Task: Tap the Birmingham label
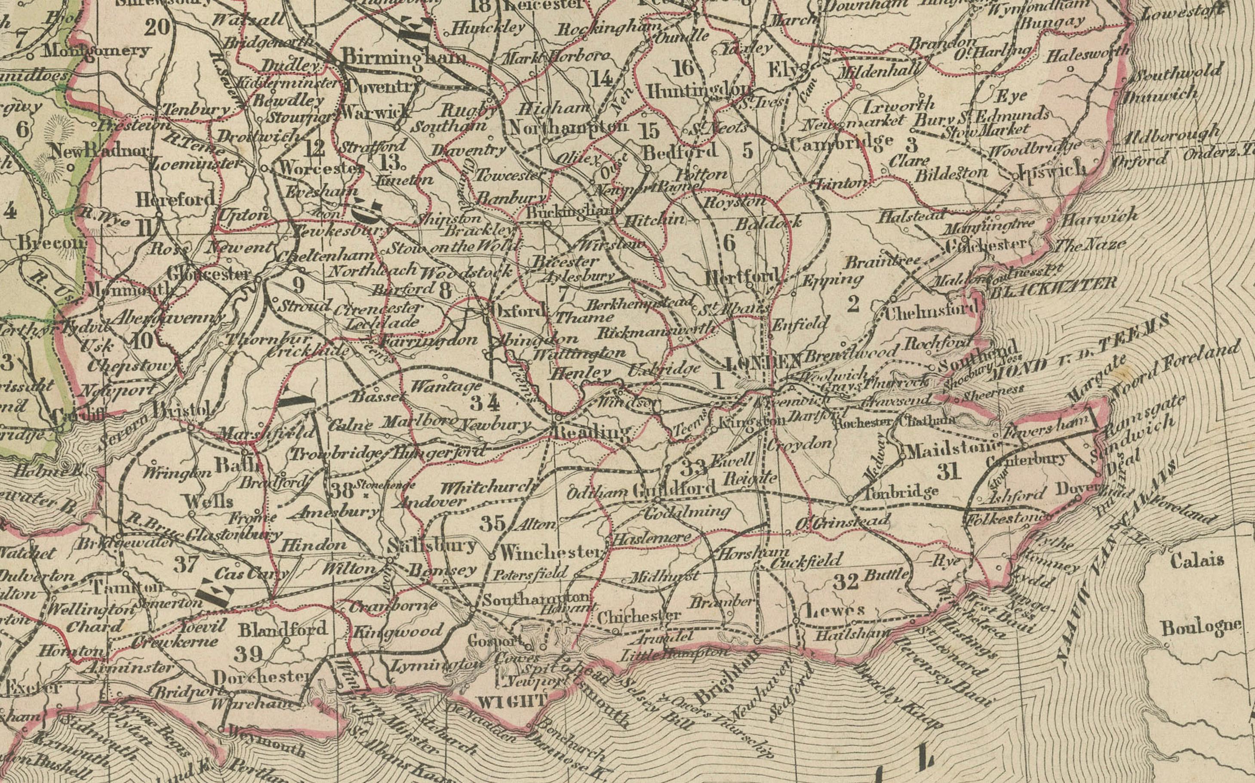click(x=404, y=57)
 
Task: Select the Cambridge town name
click(x=841, y=142)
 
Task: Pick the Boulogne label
click(x=1201, y=627)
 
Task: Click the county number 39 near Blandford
click(x=249, y=655)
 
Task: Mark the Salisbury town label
click(x=432, y=546)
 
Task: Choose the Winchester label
click(x=549, y=552)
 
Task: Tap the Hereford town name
click(x=175, y=199)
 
